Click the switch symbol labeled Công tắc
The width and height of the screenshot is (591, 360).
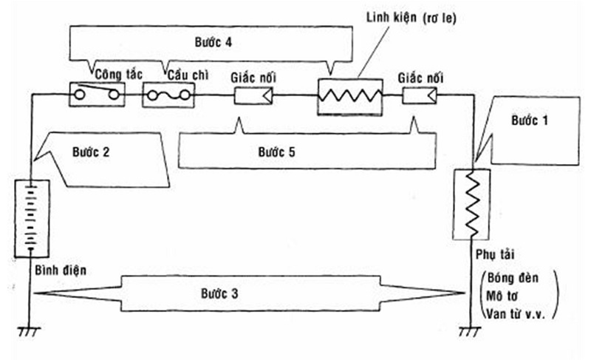pos(97,94)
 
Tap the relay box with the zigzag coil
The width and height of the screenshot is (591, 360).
pos(350,97)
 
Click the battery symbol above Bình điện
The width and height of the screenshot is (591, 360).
pos(32,219)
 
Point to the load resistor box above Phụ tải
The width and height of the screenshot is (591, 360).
pos(471,204)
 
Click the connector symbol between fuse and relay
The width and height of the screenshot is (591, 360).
pos(253,95)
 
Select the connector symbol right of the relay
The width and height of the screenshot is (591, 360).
pos(420,95)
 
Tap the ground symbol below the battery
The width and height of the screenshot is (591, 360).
pos(30,332)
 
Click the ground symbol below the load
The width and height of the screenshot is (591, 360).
pos(470,332)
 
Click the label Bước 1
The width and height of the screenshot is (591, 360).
pos(529,120)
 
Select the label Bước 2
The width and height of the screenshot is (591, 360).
pos(91,152)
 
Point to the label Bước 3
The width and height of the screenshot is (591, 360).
pos(219,293)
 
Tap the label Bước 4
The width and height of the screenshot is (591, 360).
pos(213,42)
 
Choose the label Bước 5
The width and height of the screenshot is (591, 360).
pos(276,152)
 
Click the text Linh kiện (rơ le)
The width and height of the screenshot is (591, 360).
pos(411,18)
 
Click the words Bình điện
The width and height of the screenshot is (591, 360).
pos(61,271)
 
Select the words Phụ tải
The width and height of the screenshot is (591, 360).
pos(495,254)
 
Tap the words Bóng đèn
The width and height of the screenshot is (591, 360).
pos(513,278)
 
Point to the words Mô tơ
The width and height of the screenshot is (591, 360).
pos(502,296)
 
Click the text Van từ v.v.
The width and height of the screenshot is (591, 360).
pos(515,314)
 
